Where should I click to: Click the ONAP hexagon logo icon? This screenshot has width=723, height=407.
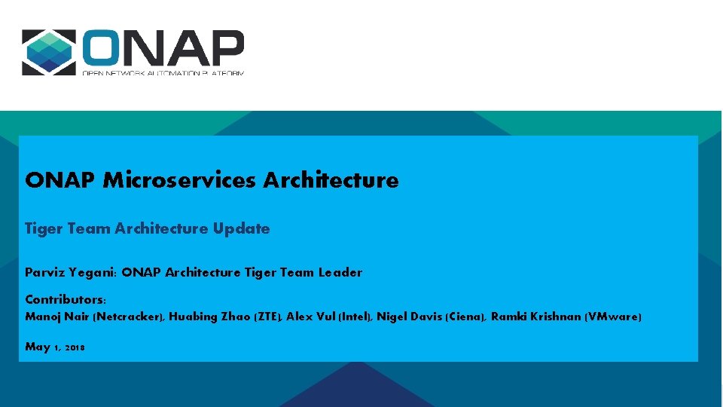tap(49, 53)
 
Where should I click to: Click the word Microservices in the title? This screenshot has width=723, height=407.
tap(180, 180)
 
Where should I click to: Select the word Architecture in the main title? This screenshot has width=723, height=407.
tap(331, 180)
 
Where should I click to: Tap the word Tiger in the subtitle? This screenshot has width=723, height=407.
tap(44, 228)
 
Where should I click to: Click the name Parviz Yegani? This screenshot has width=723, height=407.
tap(70, 273)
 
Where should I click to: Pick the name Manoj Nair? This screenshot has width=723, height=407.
tap(56, 317)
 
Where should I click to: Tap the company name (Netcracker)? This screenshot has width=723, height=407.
tap(127, 317)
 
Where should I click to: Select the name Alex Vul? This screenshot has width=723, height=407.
tap(310, 317)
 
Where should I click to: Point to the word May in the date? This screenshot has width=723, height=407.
tap(38, 347)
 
